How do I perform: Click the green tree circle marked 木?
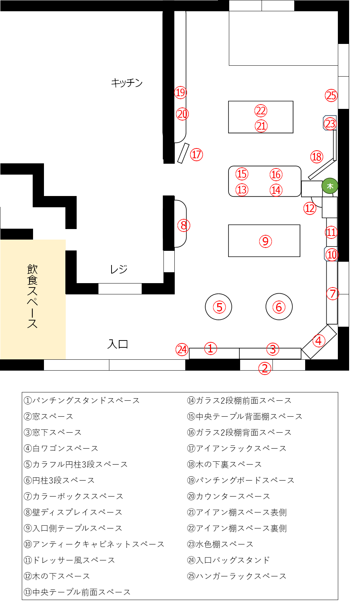tap(330, 186)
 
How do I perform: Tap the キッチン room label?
tap(127, 82)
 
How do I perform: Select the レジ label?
tap(119, 269)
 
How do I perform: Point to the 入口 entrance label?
tap(118, 344)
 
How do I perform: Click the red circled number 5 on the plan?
tap(219, 307)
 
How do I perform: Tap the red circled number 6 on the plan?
tap(279, 307)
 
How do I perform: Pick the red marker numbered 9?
tap(265, 241)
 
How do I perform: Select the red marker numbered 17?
tap(197, 155)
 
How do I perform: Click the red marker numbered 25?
tap(331, 95)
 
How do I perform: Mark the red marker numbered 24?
tap(182, 350)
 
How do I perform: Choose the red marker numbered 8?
tap(184, 225)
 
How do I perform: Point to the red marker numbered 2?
tap(265, 368)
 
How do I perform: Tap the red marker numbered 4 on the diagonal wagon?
tap(319, 341)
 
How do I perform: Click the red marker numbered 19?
tap(181, 93)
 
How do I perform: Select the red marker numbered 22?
tap(260, 111)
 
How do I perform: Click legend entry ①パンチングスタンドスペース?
tap(82, 400)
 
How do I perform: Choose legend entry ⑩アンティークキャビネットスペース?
tap(94, 544)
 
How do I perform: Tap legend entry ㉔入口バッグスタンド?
tap(228, 560)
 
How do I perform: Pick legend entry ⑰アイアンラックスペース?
tap(237, 449)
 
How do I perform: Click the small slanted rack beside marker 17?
tap(183, 153)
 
